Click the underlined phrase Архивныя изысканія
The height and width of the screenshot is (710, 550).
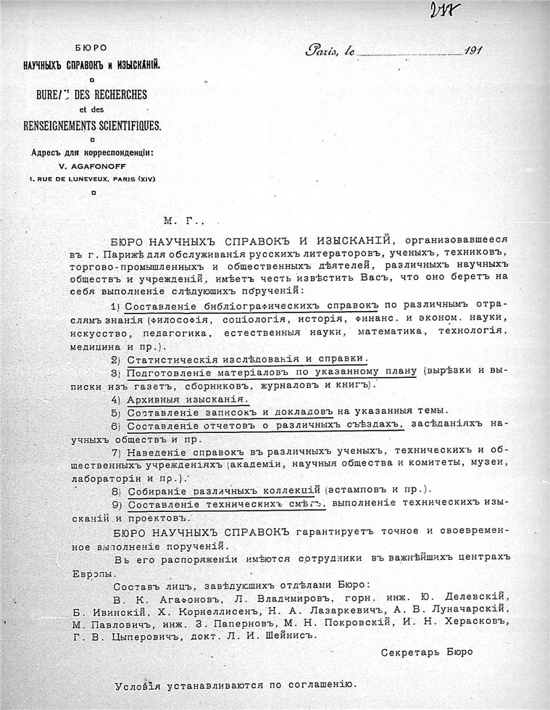point(188,400)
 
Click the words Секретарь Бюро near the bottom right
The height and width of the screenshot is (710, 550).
point(426,652)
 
